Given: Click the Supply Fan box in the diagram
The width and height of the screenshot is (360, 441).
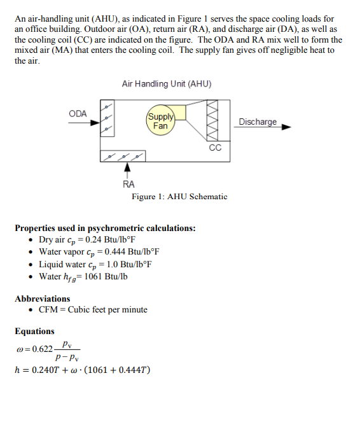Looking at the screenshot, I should (x=160, y=121).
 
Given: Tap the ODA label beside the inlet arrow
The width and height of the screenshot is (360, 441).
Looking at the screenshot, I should (x=78, y=113).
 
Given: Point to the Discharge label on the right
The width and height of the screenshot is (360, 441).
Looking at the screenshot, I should (x=258, y=122).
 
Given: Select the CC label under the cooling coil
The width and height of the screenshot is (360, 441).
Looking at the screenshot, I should (x=215, y=148).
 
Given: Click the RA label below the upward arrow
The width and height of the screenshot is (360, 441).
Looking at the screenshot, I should (x=128, y=185).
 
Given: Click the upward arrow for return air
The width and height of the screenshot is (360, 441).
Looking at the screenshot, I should (x=128, y=169).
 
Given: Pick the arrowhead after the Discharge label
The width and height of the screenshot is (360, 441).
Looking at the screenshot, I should (x=286, y=127).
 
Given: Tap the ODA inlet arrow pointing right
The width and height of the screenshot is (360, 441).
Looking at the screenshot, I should (x=80, y=123).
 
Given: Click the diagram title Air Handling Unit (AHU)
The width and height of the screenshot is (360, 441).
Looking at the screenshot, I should (x=167, y=84).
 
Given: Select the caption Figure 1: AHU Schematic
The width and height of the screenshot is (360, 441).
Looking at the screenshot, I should (x=179, y=197).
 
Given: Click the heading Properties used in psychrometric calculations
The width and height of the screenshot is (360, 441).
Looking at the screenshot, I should (x=105, y=228).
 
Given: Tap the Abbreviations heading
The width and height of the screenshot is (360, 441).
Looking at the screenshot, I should (x=43, y=298).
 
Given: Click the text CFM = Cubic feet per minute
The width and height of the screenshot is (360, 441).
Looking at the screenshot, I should (x=93, y=310).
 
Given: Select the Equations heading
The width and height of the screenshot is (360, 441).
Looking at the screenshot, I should (x=35, y=331).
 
